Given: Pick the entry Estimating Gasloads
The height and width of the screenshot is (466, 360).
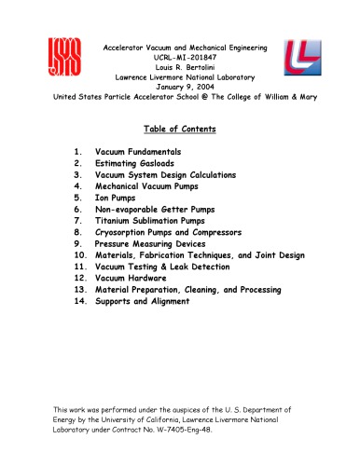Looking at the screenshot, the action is click(x=137, y=162).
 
